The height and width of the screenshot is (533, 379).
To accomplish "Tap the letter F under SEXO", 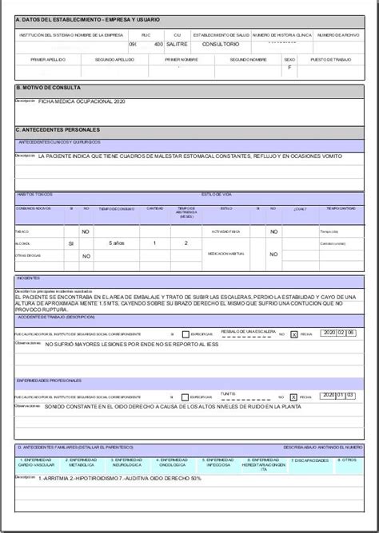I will tap(289, 68).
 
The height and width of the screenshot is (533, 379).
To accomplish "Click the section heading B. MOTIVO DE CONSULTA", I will tap(48, 87).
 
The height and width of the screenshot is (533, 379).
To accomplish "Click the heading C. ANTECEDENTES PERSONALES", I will tap(58, 129).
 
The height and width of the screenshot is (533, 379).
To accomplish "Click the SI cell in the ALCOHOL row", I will tap(71, 242).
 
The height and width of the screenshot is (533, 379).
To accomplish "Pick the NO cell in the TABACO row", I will tap(86, 231).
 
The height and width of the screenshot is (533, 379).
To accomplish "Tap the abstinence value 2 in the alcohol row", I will tap(186, 242).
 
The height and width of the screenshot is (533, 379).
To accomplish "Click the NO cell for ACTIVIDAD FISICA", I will tap(273, 231).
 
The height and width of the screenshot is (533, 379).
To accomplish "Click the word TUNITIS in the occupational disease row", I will tap(229, 394).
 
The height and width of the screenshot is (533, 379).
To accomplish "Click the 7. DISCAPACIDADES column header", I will tap(309, 461).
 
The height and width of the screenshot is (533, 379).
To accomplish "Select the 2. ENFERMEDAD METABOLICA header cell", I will tap(83, 463).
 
